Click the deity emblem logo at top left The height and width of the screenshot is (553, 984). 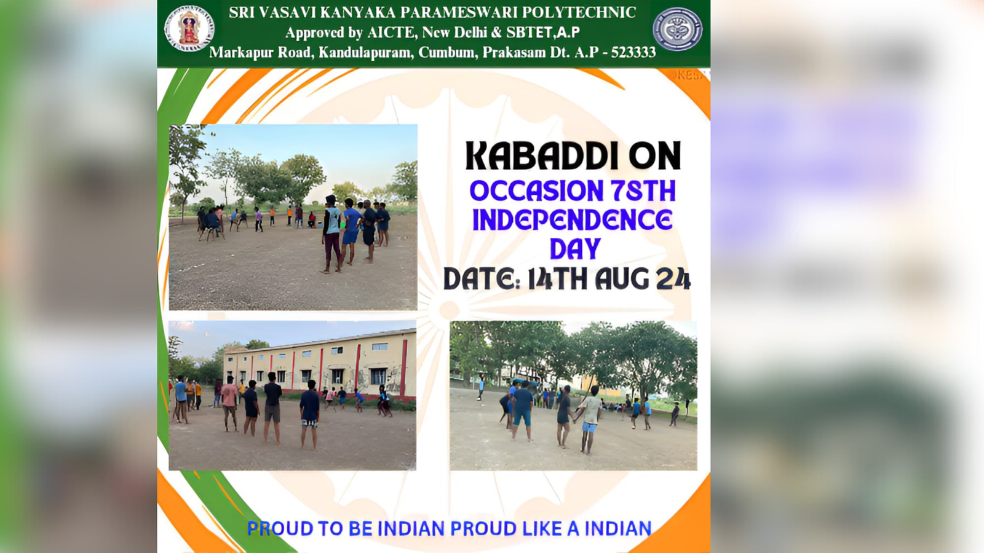pyautogui.click(x=189, y=28)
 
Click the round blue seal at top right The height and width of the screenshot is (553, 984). pyautogui.click(x=677, y=29)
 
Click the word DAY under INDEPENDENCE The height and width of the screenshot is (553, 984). pyautogui.click(x=575, y=249)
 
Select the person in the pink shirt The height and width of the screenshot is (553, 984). pyautogui.click(x=229, y=403)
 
